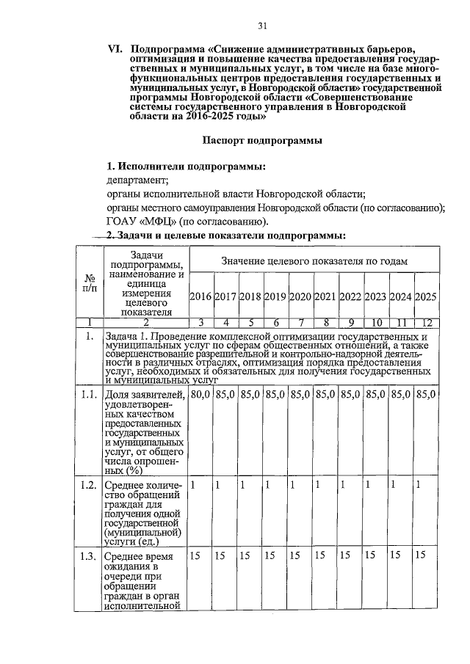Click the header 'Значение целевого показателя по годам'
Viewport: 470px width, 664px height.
(x=314, y=261)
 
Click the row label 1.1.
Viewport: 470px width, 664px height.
(x=90, y=395)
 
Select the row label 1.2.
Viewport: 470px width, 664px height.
(x=90, y=485)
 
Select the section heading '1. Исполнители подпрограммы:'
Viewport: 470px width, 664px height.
(x=186, y=166)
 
